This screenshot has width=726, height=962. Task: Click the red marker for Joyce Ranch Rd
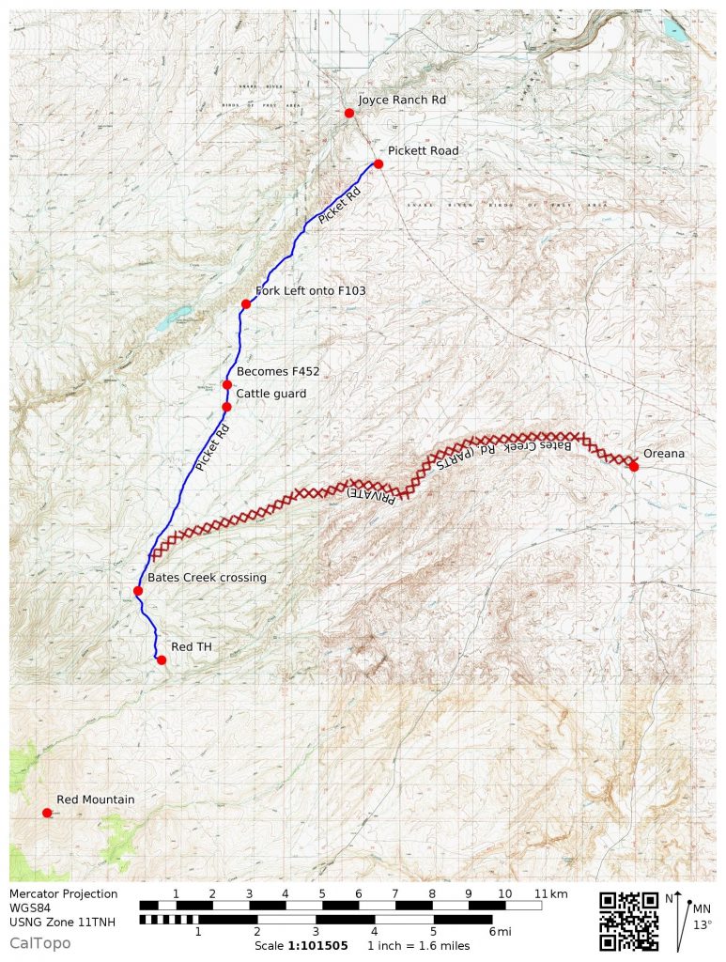(349, 113)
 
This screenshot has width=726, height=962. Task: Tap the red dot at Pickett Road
(378, 164)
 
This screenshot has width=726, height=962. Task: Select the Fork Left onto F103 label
(310, 291)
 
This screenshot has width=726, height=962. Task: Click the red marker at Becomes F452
(227, 385)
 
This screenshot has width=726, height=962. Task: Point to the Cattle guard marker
(227, 407)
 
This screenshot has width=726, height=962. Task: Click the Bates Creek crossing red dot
(138, 591)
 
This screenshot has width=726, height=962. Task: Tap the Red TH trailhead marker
(162, 660)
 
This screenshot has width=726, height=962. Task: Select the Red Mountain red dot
(47, 813)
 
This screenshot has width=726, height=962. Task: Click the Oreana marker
(634, 467)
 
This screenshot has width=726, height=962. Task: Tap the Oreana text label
(664, 454)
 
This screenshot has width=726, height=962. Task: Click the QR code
(628, 921)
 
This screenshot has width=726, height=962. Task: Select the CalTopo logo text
(39, 942)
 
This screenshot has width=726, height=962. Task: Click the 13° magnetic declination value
(702, 924)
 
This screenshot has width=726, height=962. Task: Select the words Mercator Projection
(64, 893)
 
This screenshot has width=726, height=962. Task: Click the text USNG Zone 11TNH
(63, 922)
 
